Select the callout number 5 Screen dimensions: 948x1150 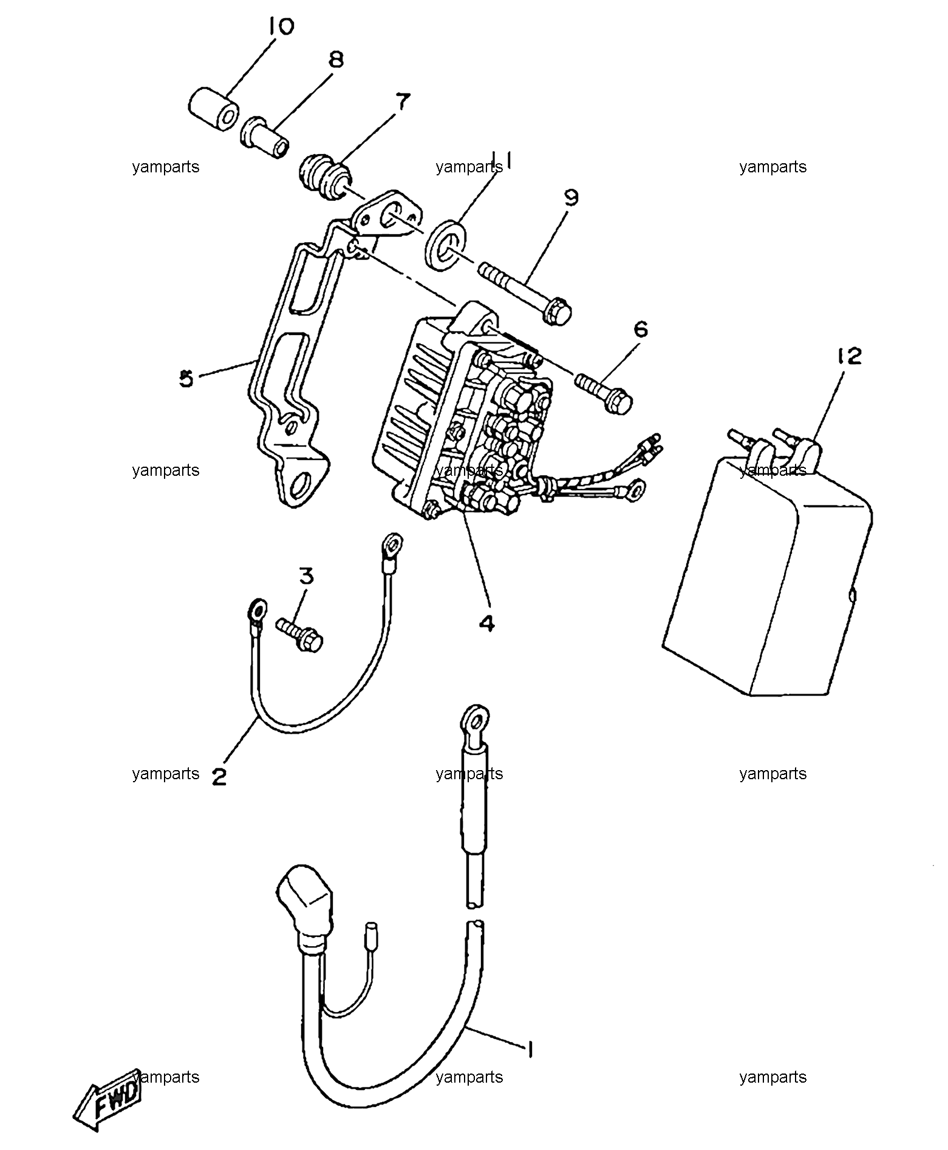(186, 379)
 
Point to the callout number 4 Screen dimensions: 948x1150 (487, 623)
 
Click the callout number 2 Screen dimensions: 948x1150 (219, 776)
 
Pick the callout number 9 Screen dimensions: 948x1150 (571, 198)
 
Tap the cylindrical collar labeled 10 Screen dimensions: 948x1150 (212, 109)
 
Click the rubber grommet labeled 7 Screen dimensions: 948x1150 (324, 176)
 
